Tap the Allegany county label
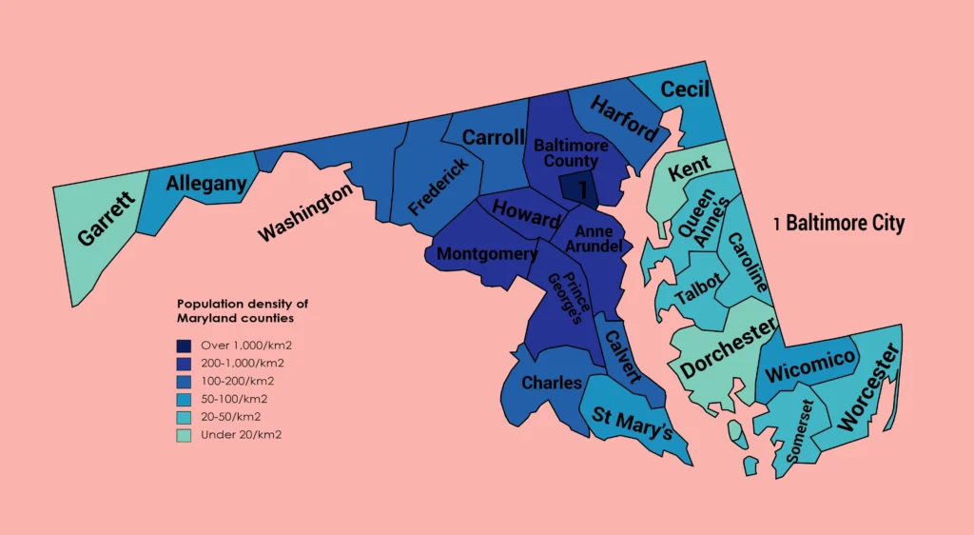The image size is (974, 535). point(206,184)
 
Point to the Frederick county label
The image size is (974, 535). point(438,188)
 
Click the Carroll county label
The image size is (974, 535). point(494,137)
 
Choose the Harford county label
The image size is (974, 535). point(624,118)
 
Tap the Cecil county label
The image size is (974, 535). point(685,89)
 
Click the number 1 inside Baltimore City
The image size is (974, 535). point(582,190)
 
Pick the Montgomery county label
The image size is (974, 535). point(487,254)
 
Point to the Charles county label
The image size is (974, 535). point(553,383)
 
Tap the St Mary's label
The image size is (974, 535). point(633,423)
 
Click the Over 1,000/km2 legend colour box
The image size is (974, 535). point(184,346)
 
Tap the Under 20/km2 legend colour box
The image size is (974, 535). point(184,435)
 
